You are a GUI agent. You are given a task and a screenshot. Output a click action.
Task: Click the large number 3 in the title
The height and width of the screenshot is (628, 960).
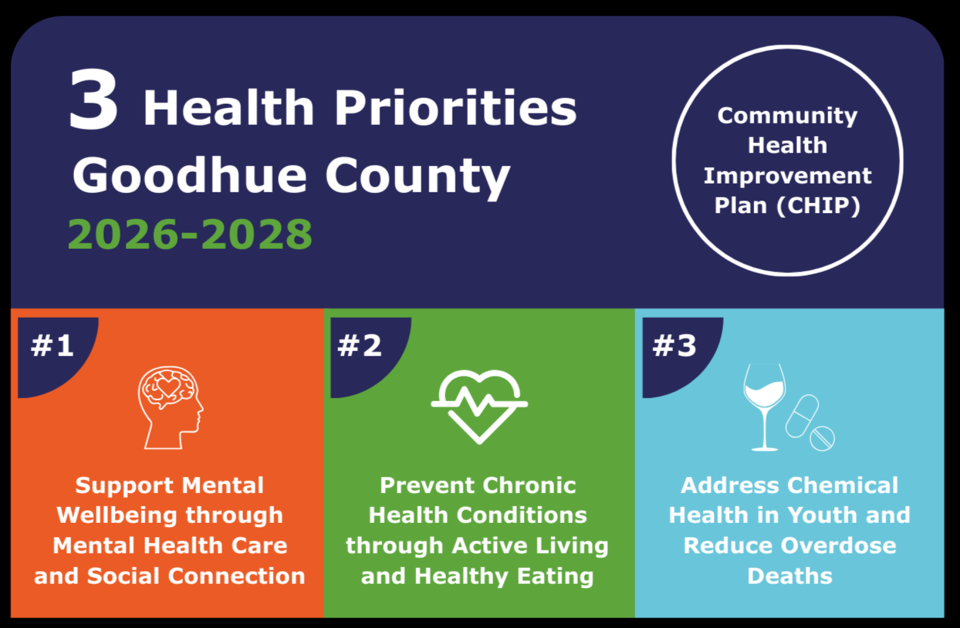tap(94, 99)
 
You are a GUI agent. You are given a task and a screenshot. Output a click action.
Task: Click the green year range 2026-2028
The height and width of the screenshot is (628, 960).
tap(190, 234)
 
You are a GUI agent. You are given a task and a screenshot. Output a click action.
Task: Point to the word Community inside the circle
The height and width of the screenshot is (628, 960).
tap(788, 116)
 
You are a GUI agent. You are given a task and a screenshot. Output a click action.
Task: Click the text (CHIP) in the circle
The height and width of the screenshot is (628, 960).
tap(818, 205)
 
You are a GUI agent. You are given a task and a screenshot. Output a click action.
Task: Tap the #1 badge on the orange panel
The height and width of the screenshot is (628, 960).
tap(53, 346)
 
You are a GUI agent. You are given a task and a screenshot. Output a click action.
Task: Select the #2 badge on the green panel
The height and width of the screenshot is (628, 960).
tap(360, 346)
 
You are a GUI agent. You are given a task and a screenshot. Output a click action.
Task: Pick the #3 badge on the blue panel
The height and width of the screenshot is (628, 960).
tap(674, 346)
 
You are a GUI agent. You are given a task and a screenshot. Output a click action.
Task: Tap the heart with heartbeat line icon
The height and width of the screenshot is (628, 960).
tap(480, 406)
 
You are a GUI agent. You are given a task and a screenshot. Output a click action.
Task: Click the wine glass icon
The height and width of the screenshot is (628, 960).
tap(765, 407)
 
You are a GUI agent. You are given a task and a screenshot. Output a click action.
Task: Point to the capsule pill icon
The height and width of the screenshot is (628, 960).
tap(802, 416)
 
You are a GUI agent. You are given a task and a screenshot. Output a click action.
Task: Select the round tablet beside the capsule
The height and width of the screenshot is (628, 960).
tap(822, 438)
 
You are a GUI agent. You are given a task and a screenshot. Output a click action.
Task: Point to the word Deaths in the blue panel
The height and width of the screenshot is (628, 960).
tap(790, 576)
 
